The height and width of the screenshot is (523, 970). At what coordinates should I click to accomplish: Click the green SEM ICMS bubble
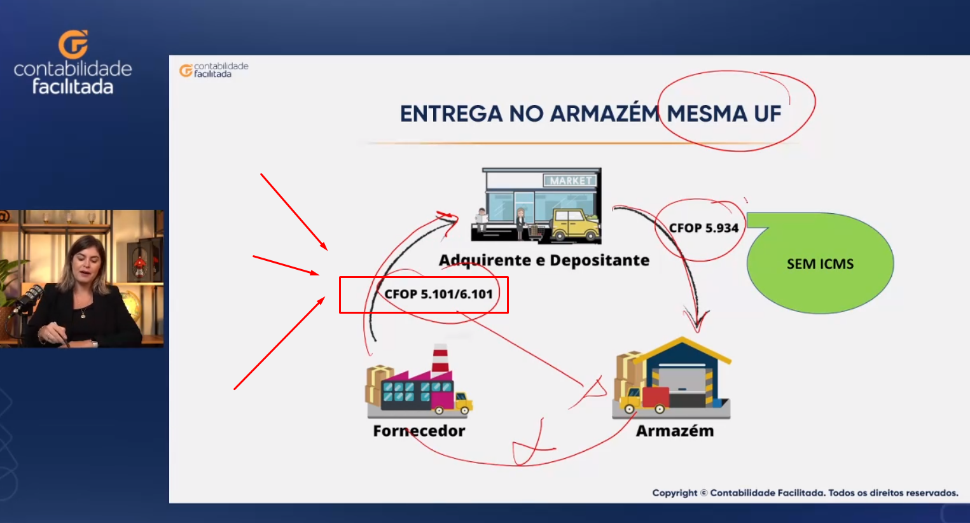(820, 263)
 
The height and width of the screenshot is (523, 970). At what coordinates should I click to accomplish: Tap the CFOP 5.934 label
(703, 228)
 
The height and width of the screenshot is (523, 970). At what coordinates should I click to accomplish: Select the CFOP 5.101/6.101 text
(439, 294)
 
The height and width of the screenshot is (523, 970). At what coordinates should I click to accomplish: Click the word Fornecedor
(419, 431)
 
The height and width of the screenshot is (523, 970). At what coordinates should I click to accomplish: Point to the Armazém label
(675, 431)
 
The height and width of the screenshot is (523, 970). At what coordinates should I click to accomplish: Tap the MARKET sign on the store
(571, 181)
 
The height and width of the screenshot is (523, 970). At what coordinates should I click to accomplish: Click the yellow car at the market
(576, 225)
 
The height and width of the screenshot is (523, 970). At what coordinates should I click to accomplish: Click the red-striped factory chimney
(440, 358)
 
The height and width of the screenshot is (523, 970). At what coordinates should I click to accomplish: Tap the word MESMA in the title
(707, 114)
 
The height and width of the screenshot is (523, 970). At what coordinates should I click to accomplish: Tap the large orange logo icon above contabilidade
(73, 44)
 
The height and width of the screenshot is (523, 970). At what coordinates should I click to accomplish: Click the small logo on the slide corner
(214, 70)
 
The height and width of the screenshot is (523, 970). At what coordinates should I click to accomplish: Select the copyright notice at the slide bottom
(805, 492)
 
